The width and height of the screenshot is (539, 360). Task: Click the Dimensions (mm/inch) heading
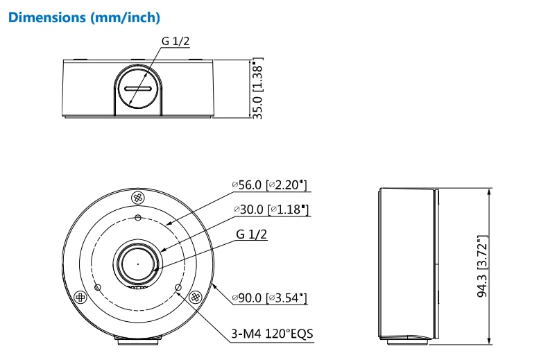(84, 17)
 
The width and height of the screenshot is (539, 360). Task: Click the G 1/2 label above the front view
(176, 41)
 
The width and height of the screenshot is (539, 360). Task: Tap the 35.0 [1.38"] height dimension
(257, 88)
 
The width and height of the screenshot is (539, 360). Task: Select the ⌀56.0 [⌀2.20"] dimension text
(269, 185)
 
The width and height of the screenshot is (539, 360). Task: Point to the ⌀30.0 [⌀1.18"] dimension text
(271, 209)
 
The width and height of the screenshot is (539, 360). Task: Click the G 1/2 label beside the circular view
(251, 234)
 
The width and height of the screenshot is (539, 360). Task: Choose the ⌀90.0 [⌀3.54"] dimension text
(269, 298)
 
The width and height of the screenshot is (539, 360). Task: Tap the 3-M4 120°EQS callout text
(272, 334)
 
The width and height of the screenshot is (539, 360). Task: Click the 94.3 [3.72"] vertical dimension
(482, 266)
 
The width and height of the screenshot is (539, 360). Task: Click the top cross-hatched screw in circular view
(138, 198)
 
